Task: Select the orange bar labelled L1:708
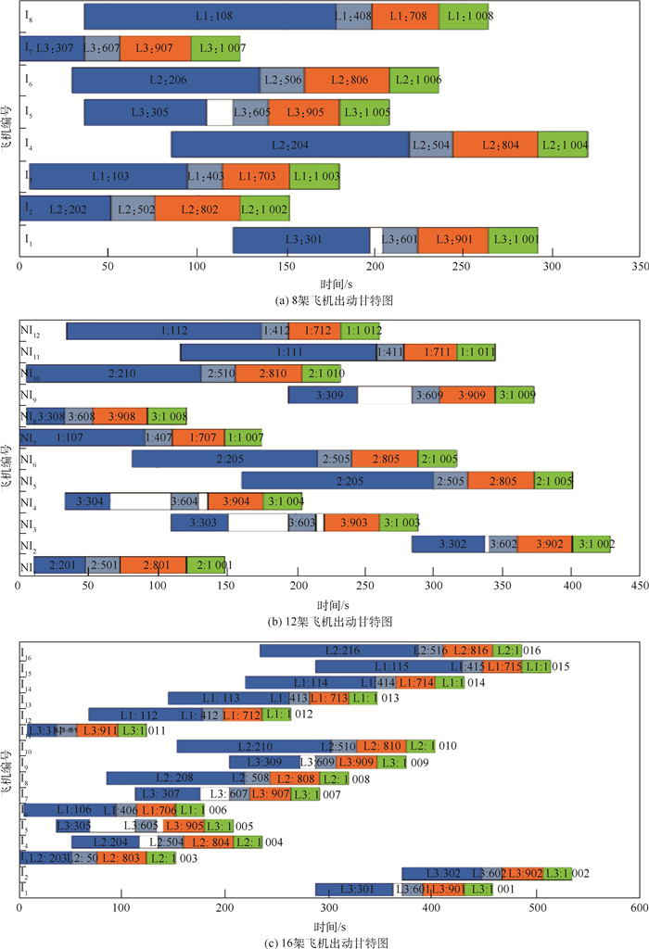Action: (406, 17)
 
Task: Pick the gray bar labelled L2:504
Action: (431, 145)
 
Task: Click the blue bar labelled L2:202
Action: (66, 209)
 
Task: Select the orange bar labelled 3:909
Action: (467, 395)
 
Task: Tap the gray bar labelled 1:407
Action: (159, 437)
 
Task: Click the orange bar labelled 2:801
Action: (153, 565)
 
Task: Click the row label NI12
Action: (34, 331)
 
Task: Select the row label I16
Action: (26, 652)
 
